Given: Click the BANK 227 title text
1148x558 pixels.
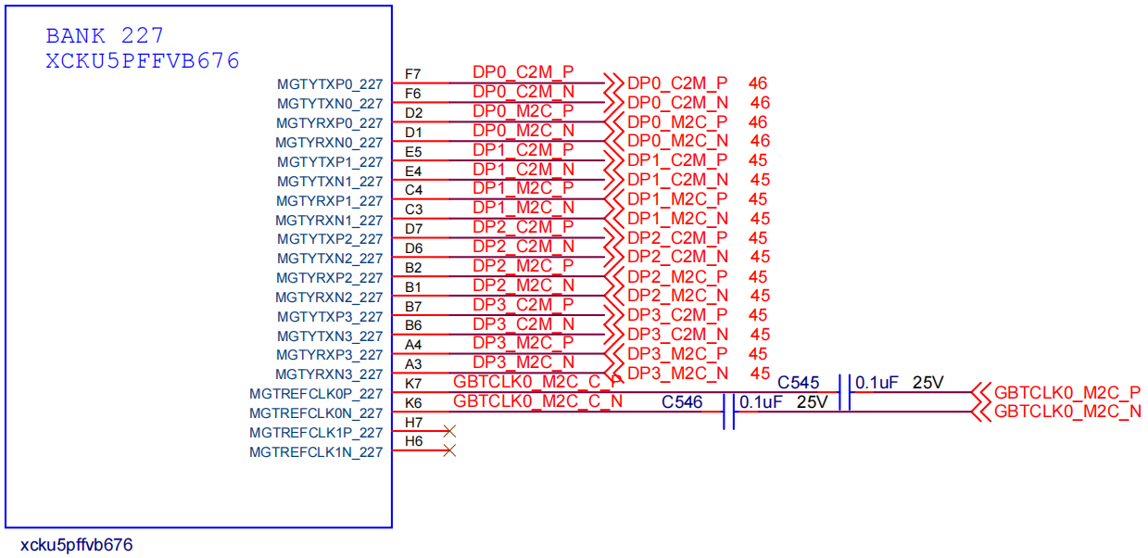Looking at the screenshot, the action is [105, 36].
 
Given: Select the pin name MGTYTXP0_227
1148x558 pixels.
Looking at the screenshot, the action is [329, 84].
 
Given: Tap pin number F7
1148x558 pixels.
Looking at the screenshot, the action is [413, 74].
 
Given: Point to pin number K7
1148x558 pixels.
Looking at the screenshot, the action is [413, 384].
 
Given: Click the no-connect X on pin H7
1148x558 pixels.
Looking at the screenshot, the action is [450, 431].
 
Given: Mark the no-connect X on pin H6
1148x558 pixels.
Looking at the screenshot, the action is [450, 450].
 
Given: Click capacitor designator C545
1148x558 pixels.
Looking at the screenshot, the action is [798, 382].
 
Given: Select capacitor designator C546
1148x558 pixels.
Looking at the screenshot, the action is [682, 402].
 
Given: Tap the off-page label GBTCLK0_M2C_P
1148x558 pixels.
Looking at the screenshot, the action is [1066, 392].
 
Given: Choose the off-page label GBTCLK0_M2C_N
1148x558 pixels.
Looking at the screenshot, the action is [1066, 412].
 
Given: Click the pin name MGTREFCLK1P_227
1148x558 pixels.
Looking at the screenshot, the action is [315, 433].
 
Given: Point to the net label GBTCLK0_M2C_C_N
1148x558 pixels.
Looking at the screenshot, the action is [537, 401].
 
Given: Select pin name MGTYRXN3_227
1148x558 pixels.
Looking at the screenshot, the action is [328, 374].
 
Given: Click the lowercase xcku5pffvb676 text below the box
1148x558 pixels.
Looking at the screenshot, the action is [76, 545].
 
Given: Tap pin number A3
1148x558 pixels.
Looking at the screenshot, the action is [413, 364].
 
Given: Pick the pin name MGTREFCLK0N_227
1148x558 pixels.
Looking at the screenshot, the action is [315, 413].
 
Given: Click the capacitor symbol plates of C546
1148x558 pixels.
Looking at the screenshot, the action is [728, 412].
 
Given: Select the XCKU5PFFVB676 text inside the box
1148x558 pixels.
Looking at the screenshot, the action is [143, 61].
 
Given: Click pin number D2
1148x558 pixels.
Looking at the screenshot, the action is [413, 113].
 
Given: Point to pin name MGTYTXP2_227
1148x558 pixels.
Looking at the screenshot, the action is [329, 239].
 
